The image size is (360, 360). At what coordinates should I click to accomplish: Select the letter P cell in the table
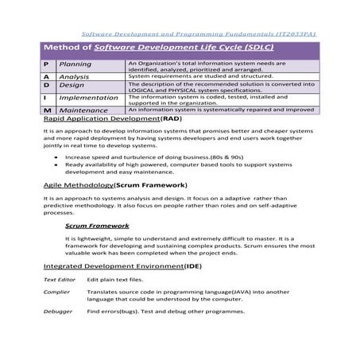[x=47, y=64]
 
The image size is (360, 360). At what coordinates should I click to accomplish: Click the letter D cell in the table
[x=47, y=84]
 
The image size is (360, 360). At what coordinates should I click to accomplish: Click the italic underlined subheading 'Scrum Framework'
[x=97, y=226]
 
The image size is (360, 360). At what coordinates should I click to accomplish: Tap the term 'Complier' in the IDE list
[x=56, y=293]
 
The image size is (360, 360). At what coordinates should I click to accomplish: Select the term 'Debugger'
[x=57, y=312]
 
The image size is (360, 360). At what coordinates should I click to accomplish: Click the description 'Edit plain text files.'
[x=115, y=281]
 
